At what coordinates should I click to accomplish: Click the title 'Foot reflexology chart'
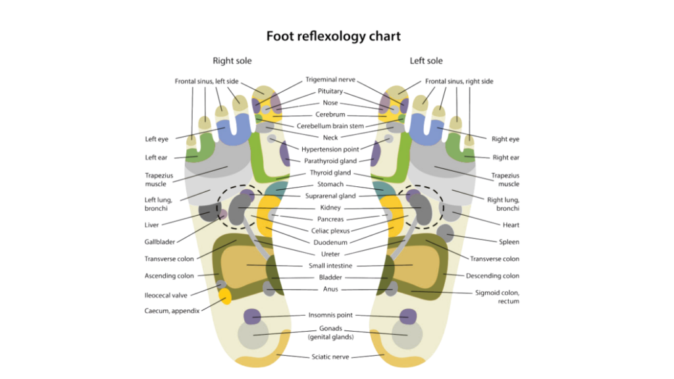[333, 36]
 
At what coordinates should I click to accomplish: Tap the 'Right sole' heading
[232, 61]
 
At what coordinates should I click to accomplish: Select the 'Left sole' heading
[426, 61]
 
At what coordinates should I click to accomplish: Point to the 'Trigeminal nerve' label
[330, 80]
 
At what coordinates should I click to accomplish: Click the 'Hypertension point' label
[330, 149]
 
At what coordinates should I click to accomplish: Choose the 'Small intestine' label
[330, 266]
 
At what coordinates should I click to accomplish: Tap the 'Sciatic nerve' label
[330, 357]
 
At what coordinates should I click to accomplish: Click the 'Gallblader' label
[160, 242]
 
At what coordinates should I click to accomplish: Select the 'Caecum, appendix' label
[172, 311]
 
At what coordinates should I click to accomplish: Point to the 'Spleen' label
[509, 242]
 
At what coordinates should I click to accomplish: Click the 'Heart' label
[510, 225]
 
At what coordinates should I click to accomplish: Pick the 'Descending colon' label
[492, 276]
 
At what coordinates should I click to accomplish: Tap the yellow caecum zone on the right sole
[225, 296]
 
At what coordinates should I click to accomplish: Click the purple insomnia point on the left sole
[407, 316]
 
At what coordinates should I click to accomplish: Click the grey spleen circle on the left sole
[446, 232]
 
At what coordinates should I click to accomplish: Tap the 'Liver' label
[153, 225]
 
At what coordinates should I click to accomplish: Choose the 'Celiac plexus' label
[330, 230]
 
